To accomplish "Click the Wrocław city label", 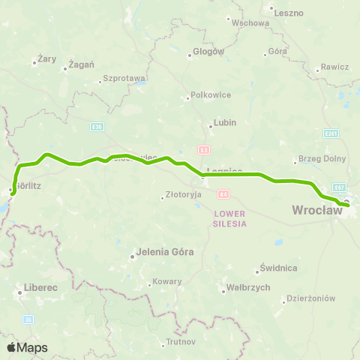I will point(316,211).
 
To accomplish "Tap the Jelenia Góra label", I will point(159,253).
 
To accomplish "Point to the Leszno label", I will point(287,13).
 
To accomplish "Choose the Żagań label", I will point(81,65).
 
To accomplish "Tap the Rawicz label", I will point(334,67).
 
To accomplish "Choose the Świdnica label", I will point(278,268).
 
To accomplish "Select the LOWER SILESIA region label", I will point(224,218).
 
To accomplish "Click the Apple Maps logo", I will point(26,347).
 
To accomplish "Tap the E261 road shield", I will point(333,133).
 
